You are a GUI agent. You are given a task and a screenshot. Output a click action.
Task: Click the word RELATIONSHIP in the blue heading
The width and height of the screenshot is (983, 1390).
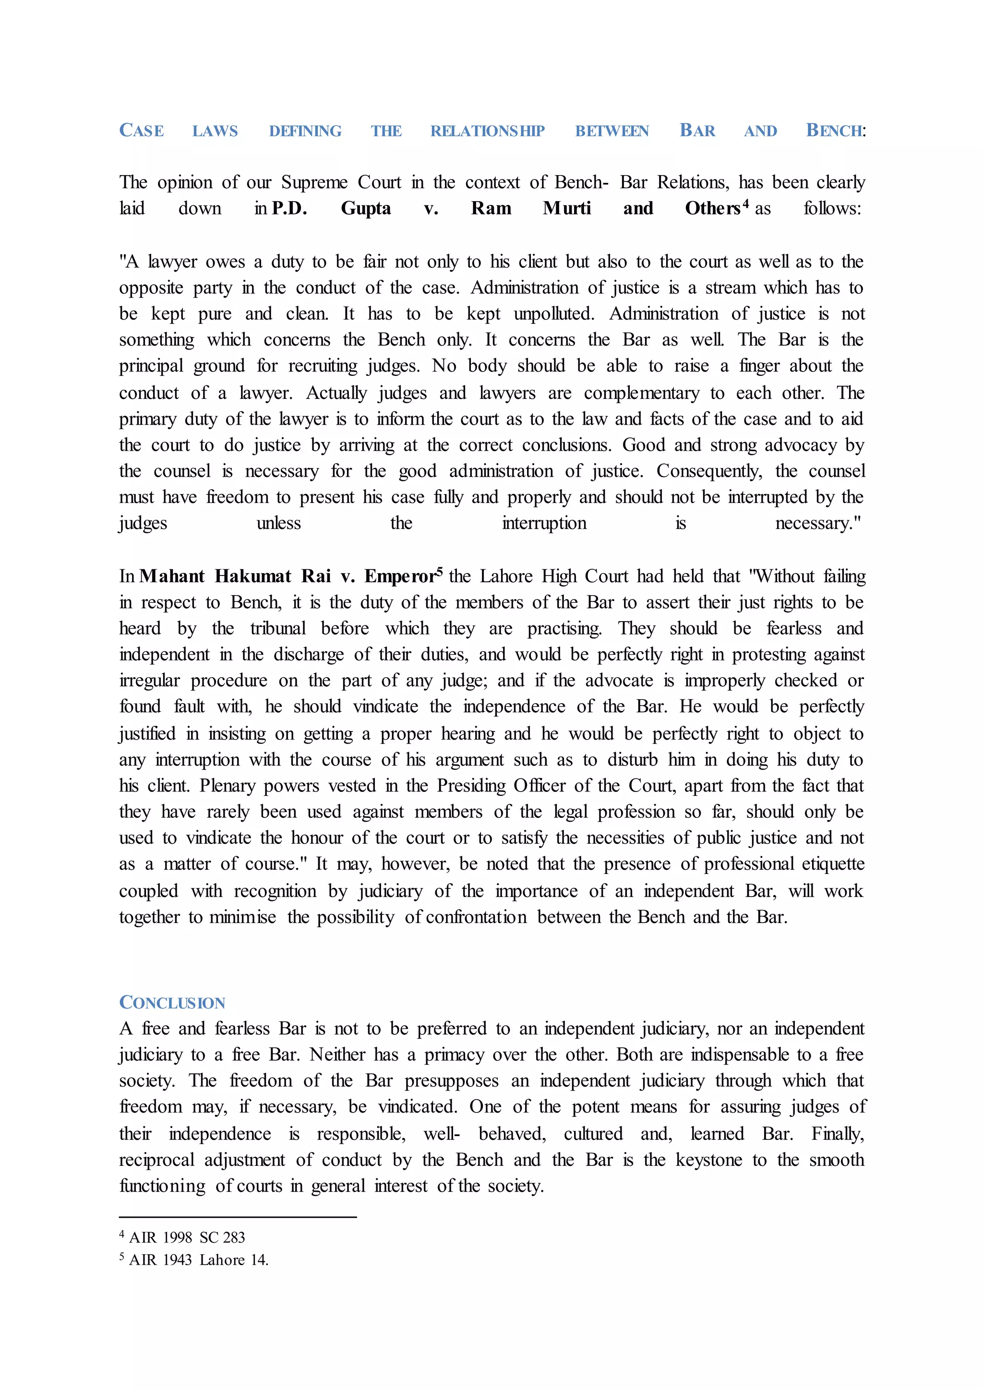click(487, 132)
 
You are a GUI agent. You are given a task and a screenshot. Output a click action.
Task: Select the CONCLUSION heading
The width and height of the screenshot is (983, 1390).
click(172, 1003)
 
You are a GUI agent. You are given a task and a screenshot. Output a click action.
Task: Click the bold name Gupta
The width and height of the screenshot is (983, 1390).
click(366, 209)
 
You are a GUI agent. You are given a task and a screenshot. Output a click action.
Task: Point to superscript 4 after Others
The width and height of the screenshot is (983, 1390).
click(746, 204)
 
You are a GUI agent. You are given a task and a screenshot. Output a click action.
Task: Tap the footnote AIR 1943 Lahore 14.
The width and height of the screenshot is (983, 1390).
click(199, 1260)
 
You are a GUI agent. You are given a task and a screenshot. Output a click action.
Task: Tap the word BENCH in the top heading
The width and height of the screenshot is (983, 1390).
click(834, 132)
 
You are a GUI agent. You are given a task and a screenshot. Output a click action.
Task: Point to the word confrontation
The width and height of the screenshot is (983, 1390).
click(476, 918)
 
